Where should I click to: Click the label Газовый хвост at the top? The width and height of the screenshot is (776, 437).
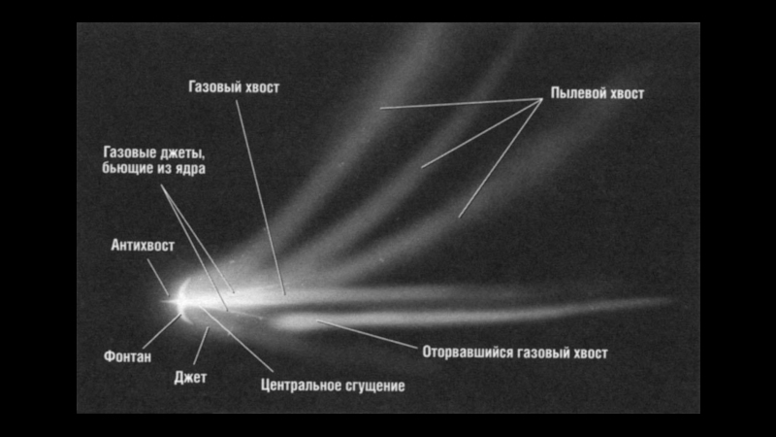click(234, 87)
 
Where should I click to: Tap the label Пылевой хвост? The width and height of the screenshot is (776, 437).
click(597, 93)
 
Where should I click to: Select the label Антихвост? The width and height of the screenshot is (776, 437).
click(144, 246)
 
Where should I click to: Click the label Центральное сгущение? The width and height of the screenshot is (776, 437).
click(333, 386)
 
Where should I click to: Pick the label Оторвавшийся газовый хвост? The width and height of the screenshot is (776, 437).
click(514, 353)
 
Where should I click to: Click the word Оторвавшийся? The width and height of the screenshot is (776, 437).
click(467, 353)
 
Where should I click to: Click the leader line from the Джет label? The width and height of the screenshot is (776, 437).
click(203, 344)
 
